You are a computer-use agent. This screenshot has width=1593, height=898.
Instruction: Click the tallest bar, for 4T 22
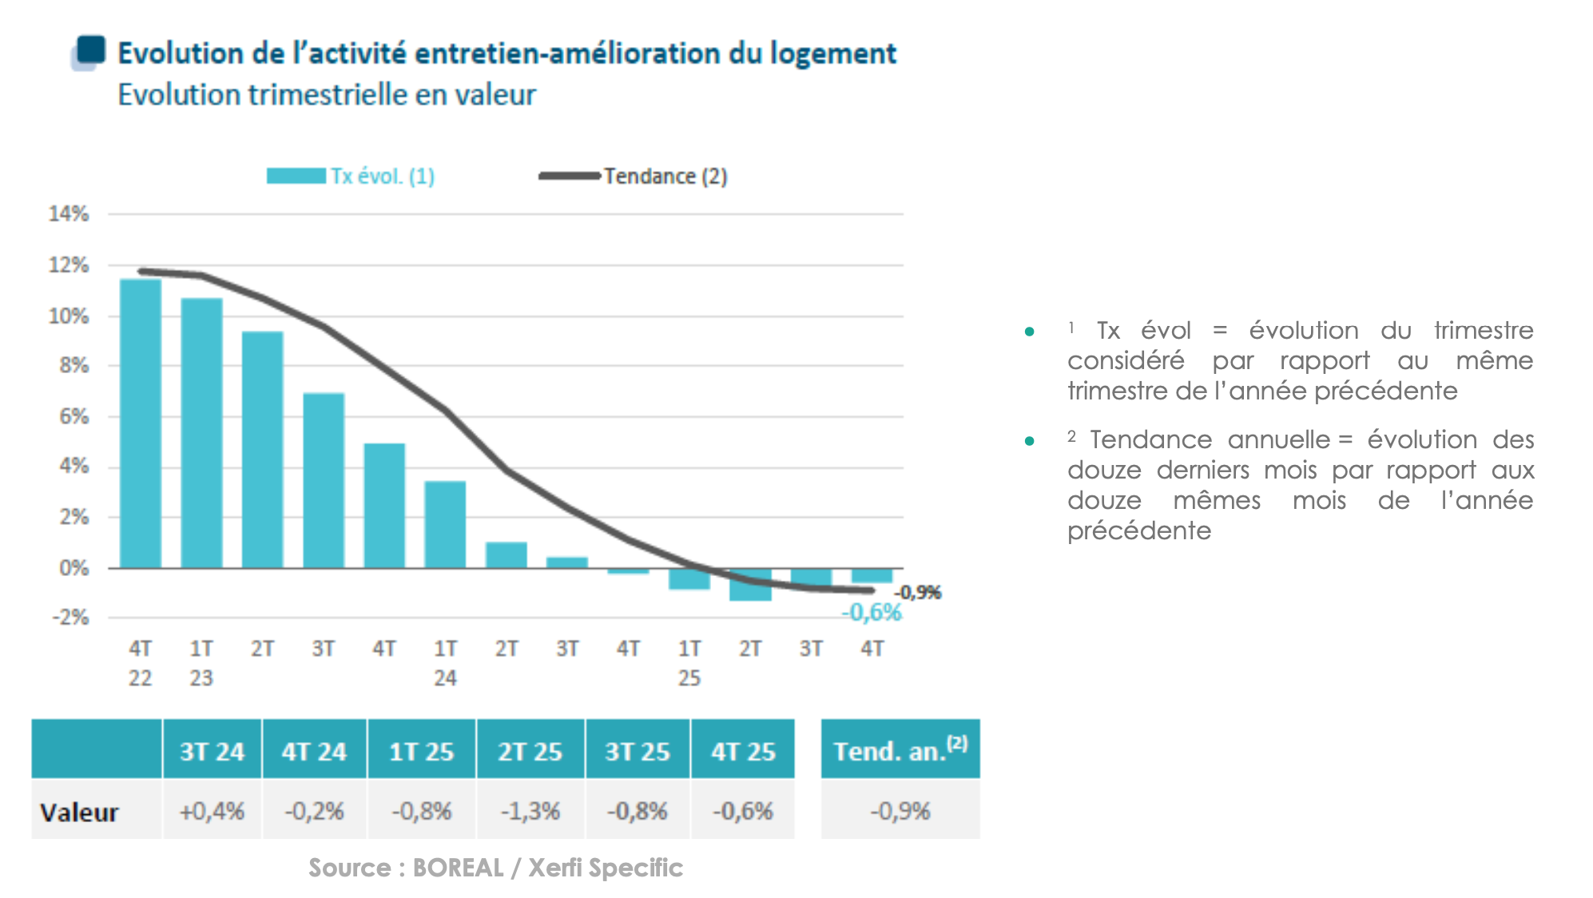pos(141,423)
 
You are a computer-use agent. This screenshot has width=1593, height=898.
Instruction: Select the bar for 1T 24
pos(445,524)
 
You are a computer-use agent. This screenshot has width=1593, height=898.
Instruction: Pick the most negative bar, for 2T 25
pos(750,585)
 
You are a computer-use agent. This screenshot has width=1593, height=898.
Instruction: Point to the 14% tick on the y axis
pos(69,214)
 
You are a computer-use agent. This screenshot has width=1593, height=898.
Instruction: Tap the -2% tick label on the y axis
pos(70,618)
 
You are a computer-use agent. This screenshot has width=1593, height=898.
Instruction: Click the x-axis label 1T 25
pos(689,662)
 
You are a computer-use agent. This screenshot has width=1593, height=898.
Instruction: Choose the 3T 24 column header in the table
pos(212,751)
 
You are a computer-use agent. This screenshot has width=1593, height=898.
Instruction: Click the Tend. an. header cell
pos(900,749)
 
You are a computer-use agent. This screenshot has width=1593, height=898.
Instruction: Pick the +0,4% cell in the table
pos(212,811)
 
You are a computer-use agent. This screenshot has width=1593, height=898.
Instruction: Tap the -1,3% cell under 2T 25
pos(530,811)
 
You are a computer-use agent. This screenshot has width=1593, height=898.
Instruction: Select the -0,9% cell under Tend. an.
pos(900,811)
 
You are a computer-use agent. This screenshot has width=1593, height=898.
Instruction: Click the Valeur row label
pos(79,813)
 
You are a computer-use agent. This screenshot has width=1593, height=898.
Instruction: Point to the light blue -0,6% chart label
pos(872,613)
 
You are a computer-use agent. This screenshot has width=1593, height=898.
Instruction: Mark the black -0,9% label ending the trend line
pos(918,592)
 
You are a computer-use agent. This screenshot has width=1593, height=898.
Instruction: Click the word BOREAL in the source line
pos(458,868)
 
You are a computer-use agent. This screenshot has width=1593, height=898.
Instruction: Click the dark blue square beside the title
pos(91,50)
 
